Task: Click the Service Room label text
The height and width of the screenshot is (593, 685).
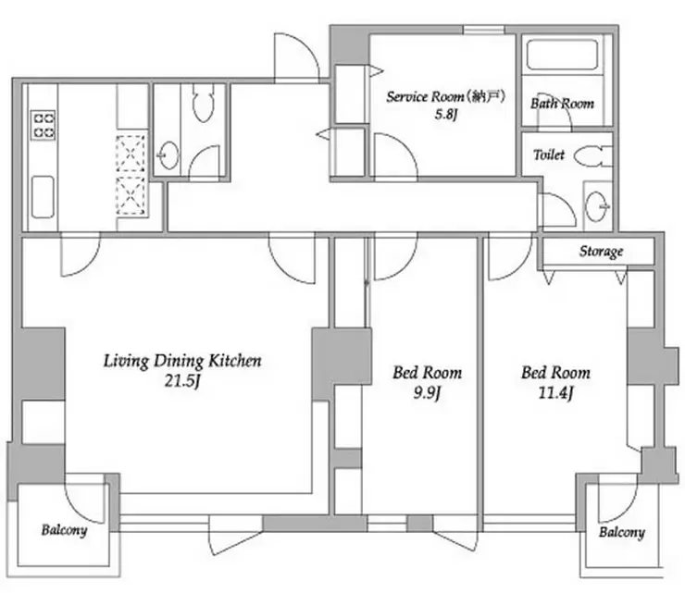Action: [445, 96]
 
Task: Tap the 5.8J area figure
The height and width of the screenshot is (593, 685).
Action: [445, 115]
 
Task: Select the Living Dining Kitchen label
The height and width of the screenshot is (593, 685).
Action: [182, 361]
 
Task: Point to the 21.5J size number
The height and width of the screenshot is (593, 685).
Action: [182, 381]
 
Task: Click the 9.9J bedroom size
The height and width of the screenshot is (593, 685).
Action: [427, 393]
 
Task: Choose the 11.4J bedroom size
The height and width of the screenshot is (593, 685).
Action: [555, 393]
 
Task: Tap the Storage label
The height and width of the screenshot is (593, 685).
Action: [601, 252]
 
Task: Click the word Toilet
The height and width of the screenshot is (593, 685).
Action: [549, 154]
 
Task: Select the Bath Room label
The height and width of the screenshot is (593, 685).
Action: [562, 104]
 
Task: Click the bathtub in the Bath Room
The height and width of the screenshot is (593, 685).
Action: [562, 55]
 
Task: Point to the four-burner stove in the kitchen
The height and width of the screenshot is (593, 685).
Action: [44, 125]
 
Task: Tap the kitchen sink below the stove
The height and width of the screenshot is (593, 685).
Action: [43, 197]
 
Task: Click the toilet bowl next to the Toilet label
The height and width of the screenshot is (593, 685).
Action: [592, 156]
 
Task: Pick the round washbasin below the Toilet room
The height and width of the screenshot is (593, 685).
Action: [597, 206]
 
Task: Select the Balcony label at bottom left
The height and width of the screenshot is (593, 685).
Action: [64, 530]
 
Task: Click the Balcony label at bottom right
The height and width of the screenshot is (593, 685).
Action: [622, 532]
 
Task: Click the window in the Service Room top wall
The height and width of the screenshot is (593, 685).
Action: [483, 30]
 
